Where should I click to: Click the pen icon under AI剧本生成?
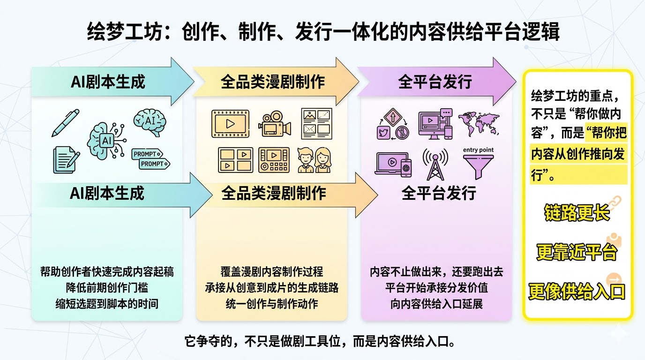[x=65, y=122]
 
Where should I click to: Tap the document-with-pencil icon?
[x=64, y=158]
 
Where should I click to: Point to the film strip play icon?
[x=230, y=124]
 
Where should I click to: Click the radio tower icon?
[x=435, y=164]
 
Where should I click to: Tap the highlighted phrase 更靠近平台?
[x=577, y=253]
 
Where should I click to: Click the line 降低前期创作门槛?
[x=107, y=287]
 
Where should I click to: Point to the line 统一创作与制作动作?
[x=271, y=303]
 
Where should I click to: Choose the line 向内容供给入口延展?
[x=436, y=303]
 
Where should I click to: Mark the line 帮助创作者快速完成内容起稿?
[x=107, y=272]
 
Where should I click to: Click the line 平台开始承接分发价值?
[x=436, y=287]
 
